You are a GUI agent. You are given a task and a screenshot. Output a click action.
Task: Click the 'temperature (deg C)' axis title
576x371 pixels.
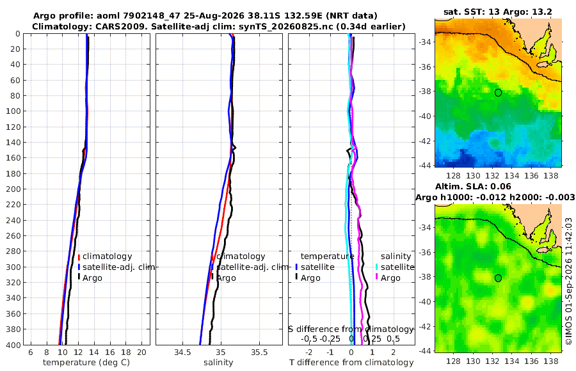86,363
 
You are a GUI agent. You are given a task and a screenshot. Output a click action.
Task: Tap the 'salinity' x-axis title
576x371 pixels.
218,363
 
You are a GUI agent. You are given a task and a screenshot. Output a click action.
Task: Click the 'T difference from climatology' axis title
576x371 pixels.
351,363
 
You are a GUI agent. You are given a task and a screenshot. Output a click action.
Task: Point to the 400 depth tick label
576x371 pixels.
13,345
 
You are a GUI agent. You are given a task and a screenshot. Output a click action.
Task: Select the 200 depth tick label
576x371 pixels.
13,189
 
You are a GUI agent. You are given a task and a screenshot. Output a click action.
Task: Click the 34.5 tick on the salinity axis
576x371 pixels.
182,352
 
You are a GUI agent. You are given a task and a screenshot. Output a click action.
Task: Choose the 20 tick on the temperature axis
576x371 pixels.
141,352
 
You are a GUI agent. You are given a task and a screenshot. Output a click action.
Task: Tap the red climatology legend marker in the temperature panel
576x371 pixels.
79,257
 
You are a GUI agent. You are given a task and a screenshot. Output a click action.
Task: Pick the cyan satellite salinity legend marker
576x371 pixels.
376,267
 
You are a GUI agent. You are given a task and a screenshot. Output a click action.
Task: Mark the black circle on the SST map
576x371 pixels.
498,93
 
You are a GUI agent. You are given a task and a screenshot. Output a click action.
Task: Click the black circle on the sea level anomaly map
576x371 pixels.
498,278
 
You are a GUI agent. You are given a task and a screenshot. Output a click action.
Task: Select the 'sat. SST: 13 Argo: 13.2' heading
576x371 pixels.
498,12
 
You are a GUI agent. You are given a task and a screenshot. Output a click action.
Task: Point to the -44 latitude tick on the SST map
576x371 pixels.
425,165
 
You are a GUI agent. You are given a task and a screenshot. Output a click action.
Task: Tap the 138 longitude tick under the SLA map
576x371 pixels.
550,361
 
